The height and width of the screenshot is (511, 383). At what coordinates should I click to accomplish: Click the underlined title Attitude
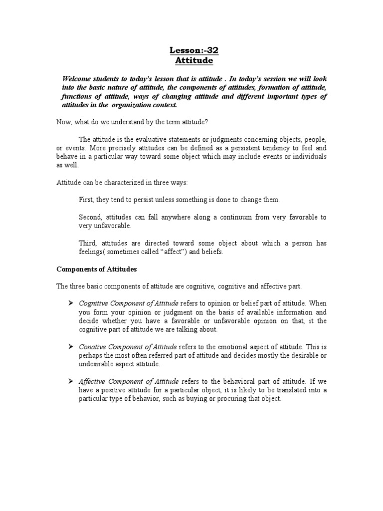click(193, 60)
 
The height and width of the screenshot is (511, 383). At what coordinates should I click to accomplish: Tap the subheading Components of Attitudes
click(97, 269)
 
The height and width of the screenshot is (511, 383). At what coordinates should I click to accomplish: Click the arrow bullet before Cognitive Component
click(71, 303)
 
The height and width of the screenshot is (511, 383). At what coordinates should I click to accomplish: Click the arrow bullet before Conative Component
click(71, 346)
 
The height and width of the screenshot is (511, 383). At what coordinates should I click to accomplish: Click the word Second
click(91, 217)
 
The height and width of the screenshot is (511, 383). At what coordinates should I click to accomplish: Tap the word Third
click(88, 243)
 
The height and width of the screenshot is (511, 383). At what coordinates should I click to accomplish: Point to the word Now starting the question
click(63, 121)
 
